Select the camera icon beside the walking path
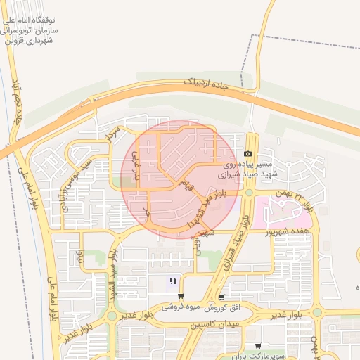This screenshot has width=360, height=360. [247, 154]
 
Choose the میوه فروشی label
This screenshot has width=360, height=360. [182, 307]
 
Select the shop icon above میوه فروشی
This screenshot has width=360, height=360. [181, 297]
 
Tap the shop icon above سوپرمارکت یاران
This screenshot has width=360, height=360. [259, 346]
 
